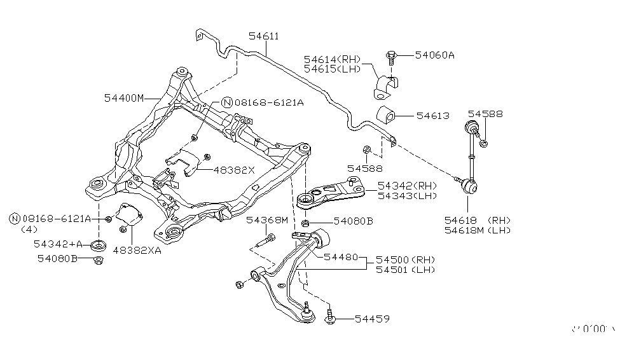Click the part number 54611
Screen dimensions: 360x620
pyautogui.click(x=263, y=37)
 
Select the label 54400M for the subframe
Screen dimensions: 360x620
pyautogui.click(x=124, y=98)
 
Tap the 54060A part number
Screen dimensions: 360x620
pyautogui.click(x=434, y=55)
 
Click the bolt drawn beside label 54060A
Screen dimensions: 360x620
pyautogui.click(x=392, y=57)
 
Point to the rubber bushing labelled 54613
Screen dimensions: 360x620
pyautogui.click(x=386, y=116)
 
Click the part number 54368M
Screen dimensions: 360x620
pyautogui.click(x=267, y=220)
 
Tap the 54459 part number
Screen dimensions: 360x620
pyautogui.click(x=372, y=318)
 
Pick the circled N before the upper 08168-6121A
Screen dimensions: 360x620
pyautogui.click(x=226, y=102)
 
